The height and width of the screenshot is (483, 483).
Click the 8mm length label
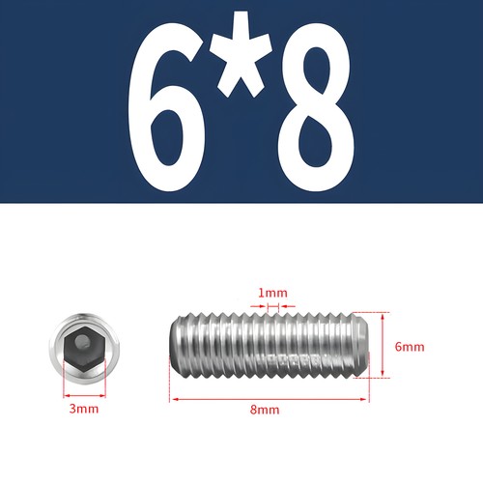[x=265, y=409]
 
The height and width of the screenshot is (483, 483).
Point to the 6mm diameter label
[x=409, y=346]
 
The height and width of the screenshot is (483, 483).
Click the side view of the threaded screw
[x=265, y=346]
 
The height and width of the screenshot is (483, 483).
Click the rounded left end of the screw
[x=177, y=346]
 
